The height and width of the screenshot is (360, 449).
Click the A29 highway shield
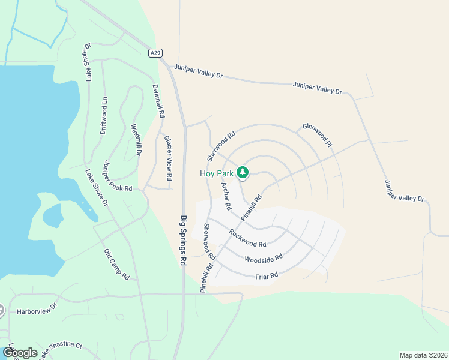coord(155,53)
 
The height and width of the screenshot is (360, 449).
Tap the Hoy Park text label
coord(217,173)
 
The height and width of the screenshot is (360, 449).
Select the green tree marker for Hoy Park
coord(243,173)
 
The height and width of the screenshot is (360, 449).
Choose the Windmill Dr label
coord(136,140)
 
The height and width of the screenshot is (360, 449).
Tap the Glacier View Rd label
coord(168,158)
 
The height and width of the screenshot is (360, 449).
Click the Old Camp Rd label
coord(116,265)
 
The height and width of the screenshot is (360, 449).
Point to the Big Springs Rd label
coord(184,240)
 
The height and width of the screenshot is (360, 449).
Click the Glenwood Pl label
coord(317,134)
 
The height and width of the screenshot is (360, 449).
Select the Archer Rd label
coord(226,196)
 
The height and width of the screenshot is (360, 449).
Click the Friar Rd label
coord(267,275)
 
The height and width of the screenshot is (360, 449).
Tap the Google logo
coord(19,353)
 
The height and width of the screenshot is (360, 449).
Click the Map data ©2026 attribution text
coord(423,355)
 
